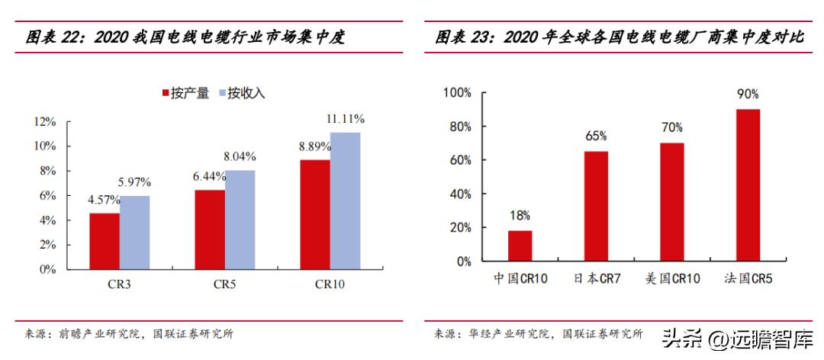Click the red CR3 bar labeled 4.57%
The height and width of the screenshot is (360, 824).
click(x=105, y=241)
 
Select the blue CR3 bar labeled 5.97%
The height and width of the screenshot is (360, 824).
click(x=135, y=233)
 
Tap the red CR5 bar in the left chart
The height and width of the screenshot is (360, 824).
click(x=210, y=230)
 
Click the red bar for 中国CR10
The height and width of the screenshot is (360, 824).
click(x=520, y=246)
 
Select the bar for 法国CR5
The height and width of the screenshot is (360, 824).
click(x=748, y=185)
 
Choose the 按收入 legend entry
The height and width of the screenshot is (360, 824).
click(x=241, y=94)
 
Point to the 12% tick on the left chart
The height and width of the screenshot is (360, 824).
click(x=45, y=122)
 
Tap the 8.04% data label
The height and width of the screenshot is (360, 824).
click(x=240, y=156)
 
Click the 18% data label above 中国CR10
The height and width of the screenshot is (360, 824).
click(x=520, y=216)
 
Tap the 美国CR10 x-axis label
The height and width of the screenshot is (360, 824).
click(x=672, y=279)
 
